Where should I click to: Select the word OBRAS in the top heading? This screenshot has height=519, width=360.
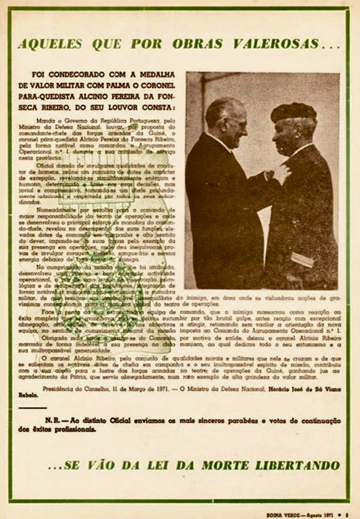[x=197, y=44]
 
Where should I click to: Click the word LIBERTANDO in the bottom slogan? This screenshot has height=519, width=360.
[x=297, y=465]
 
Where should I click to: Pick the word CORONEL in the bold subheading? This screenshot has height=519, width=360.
[x=158, y=85]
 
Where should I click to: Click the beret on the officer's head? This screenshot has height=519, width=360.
[x=294, y=112]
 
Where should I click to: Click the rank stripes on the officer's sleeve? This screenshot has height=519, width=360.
[x=303, y=259]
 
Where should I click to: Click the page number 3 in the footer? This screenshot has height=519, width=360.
[x=346, y=515]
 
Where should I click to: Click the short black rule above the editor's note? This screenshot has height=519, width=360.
[x=32, y=408]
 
